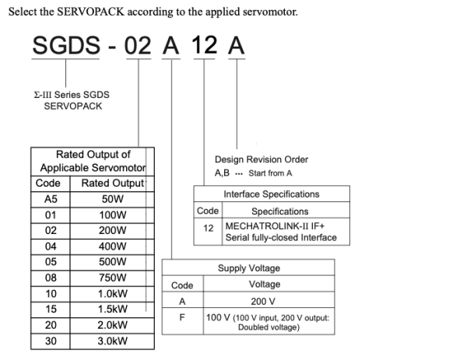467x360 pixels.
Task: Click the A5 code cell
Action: [x=51, y=199]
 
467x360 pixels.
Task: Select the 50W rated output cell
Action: [x=112, y=199]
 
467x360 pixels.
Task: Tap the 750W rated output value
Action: [x=112, y=278]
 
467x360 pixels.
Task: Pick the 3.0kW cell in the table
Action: [x=112, y=341]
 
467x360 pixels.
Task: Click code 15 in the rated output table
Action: [x=51, y=309]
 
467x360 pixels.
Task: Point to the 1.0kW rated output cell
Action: [x=112, y=294]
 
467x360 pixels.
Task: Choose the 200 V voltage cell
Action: [x=263, y=302]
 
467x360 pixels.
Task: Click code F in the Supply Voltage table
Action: [x=182, y=317]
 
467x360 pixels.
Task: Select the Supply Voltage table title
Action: [x=249, y=267]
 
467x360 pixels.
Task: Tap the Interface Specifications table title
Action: [x=272, y=194]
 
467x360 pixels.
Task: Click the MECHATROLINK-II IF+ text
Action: [x=275, y=226]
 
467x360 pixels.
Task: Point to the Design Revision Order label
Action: [x=262, y=159]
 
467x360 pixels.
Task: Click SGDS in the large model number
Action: [x=66, y=45]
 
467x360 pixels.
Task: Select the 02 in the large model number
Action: [x=138, y=46]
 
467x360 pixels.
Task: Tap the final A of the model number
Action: [x=236, y=45]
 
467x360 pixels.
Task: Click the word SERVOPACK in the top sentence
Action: [x=90, y=12]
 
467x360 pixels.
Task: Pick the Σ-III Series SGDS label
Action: [x=72, y=95]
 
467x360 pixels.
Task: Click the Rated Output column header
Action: [x=113, y=183]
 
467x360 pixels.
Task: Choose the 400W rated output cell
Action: [x=112, y=246]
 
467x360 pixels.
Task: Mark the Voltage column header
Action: [x=265, y=284]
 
